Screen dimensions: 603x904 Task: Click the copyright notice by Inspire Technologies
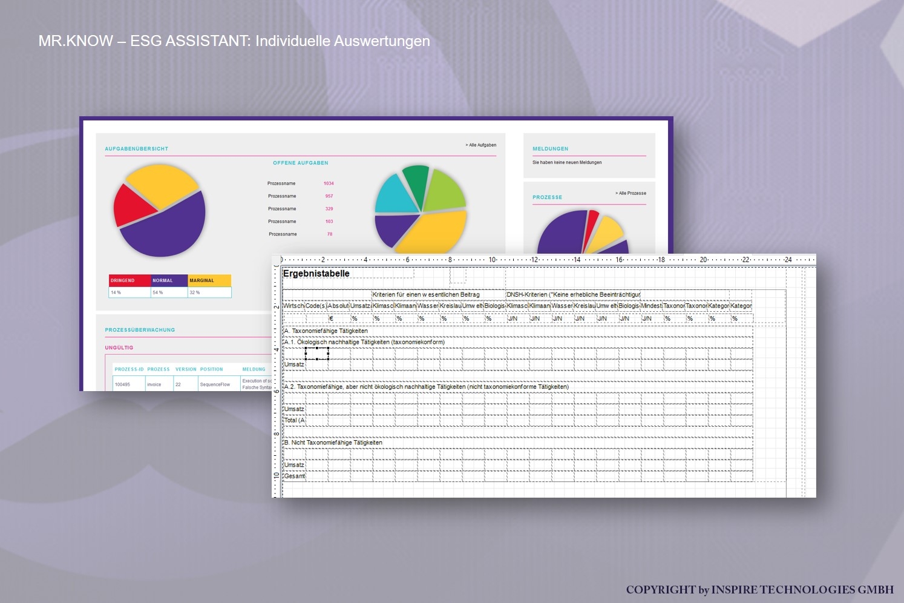pyautogui.click(x=759, y=590)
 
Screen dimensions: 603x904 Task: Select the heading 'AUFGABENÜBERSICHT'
pyautogui.click(x=137, y=149)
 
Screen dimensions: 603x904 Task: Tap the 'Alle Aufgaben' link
pyautogui.click(x=482, y=145)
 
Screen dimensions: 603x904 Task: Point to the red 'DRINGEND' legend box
pyautogui.click(x=129, y=280)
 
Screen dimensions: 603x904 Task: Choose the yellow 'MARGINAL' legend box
pyautogui.click(x=209, y=280)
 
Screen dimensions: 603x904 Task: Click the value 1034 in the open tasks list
pyautogui.click(x=329, y=183)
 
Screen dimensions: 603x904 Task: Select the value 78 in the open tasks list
pyautogui.click(x=330, y=234)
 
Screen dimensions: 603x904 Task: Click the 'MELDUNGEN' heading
pyautogui.click(x=550, y=149)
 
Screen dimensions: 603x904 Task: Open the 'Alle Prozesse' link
pyautogui.click(x=632, y=194)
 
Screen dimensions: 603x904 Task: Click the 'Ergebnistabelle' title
pyautogui.click(x=316, y=274)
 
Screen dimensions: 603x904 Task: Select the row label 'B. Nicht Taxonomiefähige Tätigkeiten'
pyautogui.click(x=333, y=443)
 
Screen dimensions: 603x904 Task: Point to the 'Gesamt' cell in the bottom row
pyautogui.click(x=295, y=476)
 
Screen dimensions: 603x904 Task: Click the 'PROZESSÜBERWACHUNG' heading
pyautogui.click(x=140, y=330)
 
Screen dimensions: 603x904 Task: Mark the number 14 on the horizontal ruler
pyautogui.click(x=577, y=260)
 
